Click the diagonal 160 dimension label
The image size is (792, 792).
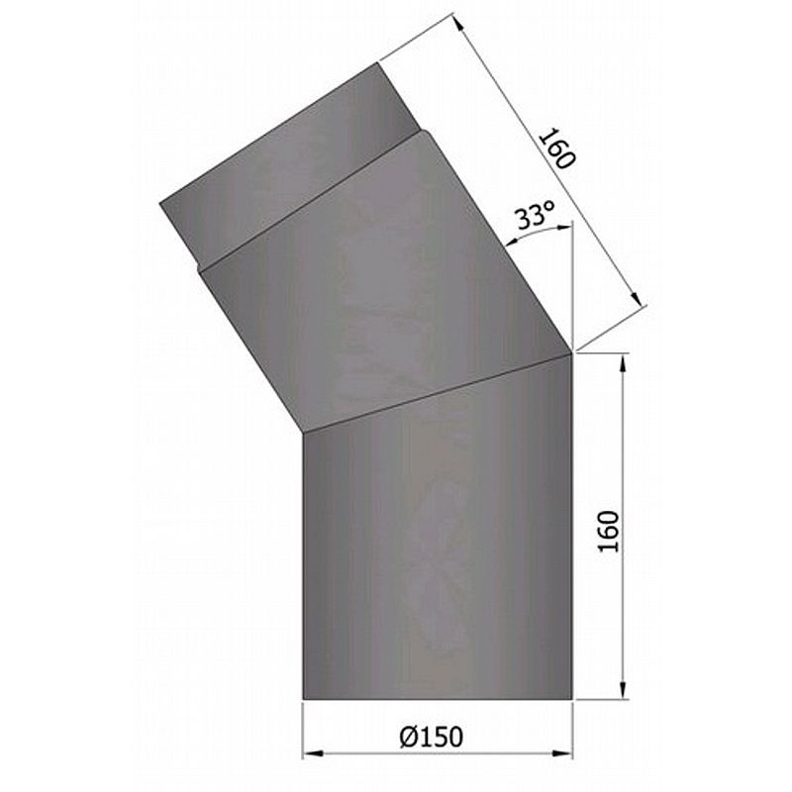pyautogui.click(x=557, y=148)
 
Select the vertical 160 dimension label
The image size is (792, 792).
pyautogui.click(x=609, y=532)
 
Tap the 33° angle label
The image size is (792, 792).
pyautogui.click(x=535, y=216)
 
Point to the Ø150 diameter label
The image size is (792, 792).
pyautogui.click(x=431, y=737)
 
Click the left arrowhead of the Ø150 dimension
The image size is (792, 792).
pyautogui.click(x=313, y=753)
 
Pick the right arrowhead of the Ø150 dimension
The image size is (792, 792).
pyautogui.click(x=562, y=753)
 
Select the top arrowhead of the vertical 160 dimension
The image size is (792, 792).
pyautogui.click(x=623, y=364)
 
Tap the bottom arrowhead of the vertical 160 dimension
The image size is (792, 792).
pyautogui.click(x=623, y=689)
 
